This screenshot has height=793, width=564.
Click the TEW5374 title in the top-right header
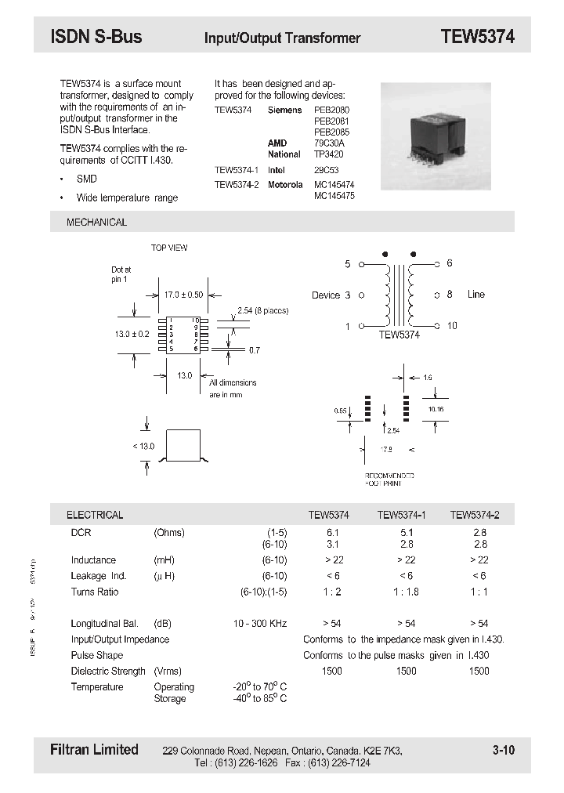pos(477,36)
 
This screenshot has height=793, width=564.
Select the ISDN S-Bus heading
pos(96,36)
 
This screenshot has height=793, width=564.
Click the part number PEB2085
pos(331,132)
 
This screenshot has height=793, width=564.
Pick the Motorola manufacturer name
pos(285,185)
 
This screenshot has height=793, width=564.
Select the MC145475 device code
pos(334,196)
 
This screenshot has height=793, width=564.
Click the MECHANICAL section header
pos(96,223)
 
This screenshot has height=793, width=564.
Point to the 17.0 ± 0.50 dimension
pos(183,295)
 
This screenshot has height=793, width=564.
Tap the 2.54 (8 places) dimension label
pos(262,311)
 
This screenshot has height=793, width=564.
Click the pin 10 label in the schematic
pos(452,326)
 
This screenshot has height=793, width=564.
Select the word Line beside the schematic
pos(476,295)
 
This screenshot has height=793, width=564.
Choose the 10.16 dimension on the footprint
pos(436,409)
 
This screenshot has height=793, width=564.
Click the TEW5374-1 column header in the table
pos(401,515)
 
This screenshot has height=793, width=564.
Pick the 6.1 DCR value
pos(332,532)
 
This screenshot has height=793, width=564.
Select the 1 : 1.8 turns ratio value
pos(406,592)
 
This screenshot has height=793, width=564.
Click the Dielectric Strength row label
pos(108,671)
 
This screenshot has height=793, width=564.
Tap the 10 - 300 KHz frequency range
pos(260,624)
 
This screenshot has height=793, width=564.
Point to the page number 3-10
pos(504,751)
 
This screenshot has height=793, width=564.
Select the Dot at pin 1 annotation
pos(121,274)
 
